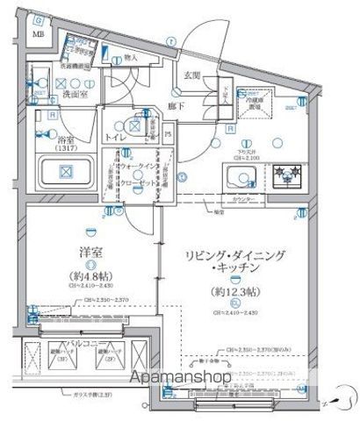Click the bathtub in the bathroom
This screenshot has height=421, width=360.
[62, 170]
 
